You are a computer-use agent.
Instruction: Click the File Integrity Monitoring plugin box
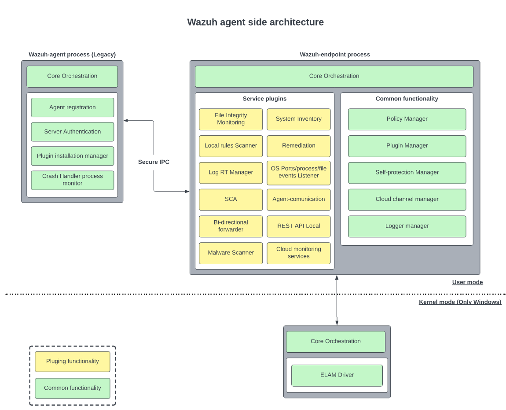pyautogui.click(x=231, y=119)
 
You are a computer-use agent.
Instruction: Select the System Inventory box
pyautogui.click(x=298, y=119)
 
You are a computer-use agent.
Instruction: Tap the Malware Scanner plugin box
pyautogui.click(x=231, y=253)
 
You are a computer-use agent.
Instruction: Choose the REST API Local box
pyautogui.click(x=298, y=226)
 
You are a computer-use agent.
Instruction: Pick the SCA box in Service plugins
pyautogui.click(x=231, y=199)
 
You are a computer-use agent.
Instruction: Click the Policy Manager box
pyautogui.click(x=407, y=119)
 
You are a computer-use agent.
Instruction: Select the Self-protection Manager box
pyautogui.click(x=407, y=173)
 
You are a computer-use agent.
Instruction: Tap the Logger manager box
pyautogui.click(x=407, y=226)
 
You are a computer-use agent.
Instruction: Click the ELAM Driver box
pyautogui.click(x=337, y=375)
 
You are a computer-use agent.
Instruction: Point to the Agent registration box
pyautogui.click(x=72, y=107)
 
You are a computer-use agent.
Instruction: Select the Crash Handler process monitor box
pyautogui.click(x=72, y=180)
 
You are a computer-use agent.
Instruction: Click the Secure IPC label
pyautogui.click(x=154, y=162)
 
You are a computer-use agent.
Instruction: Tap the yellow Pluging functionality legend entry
pyautogui.click(x=72, y=362)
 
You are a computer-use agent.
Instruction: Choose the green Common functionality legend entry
pyautogui.click(x=72, y=388)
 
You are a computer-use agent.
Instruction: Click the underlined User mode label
pyautogui.click(x=467, y=282)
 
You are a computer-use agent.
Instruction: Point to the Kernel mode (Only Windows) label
pyautogui.click(x=460, y=302)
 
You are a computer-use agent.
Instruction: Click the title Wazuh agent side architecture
pyautogui.click(x=255, y=22)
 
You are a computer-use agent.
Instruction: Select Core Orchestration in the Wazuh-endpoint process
pyautogui.click(x=334, y=76)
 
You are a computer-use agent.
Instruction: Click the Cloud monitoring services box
pyautogui.click(x=298, y=253)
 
